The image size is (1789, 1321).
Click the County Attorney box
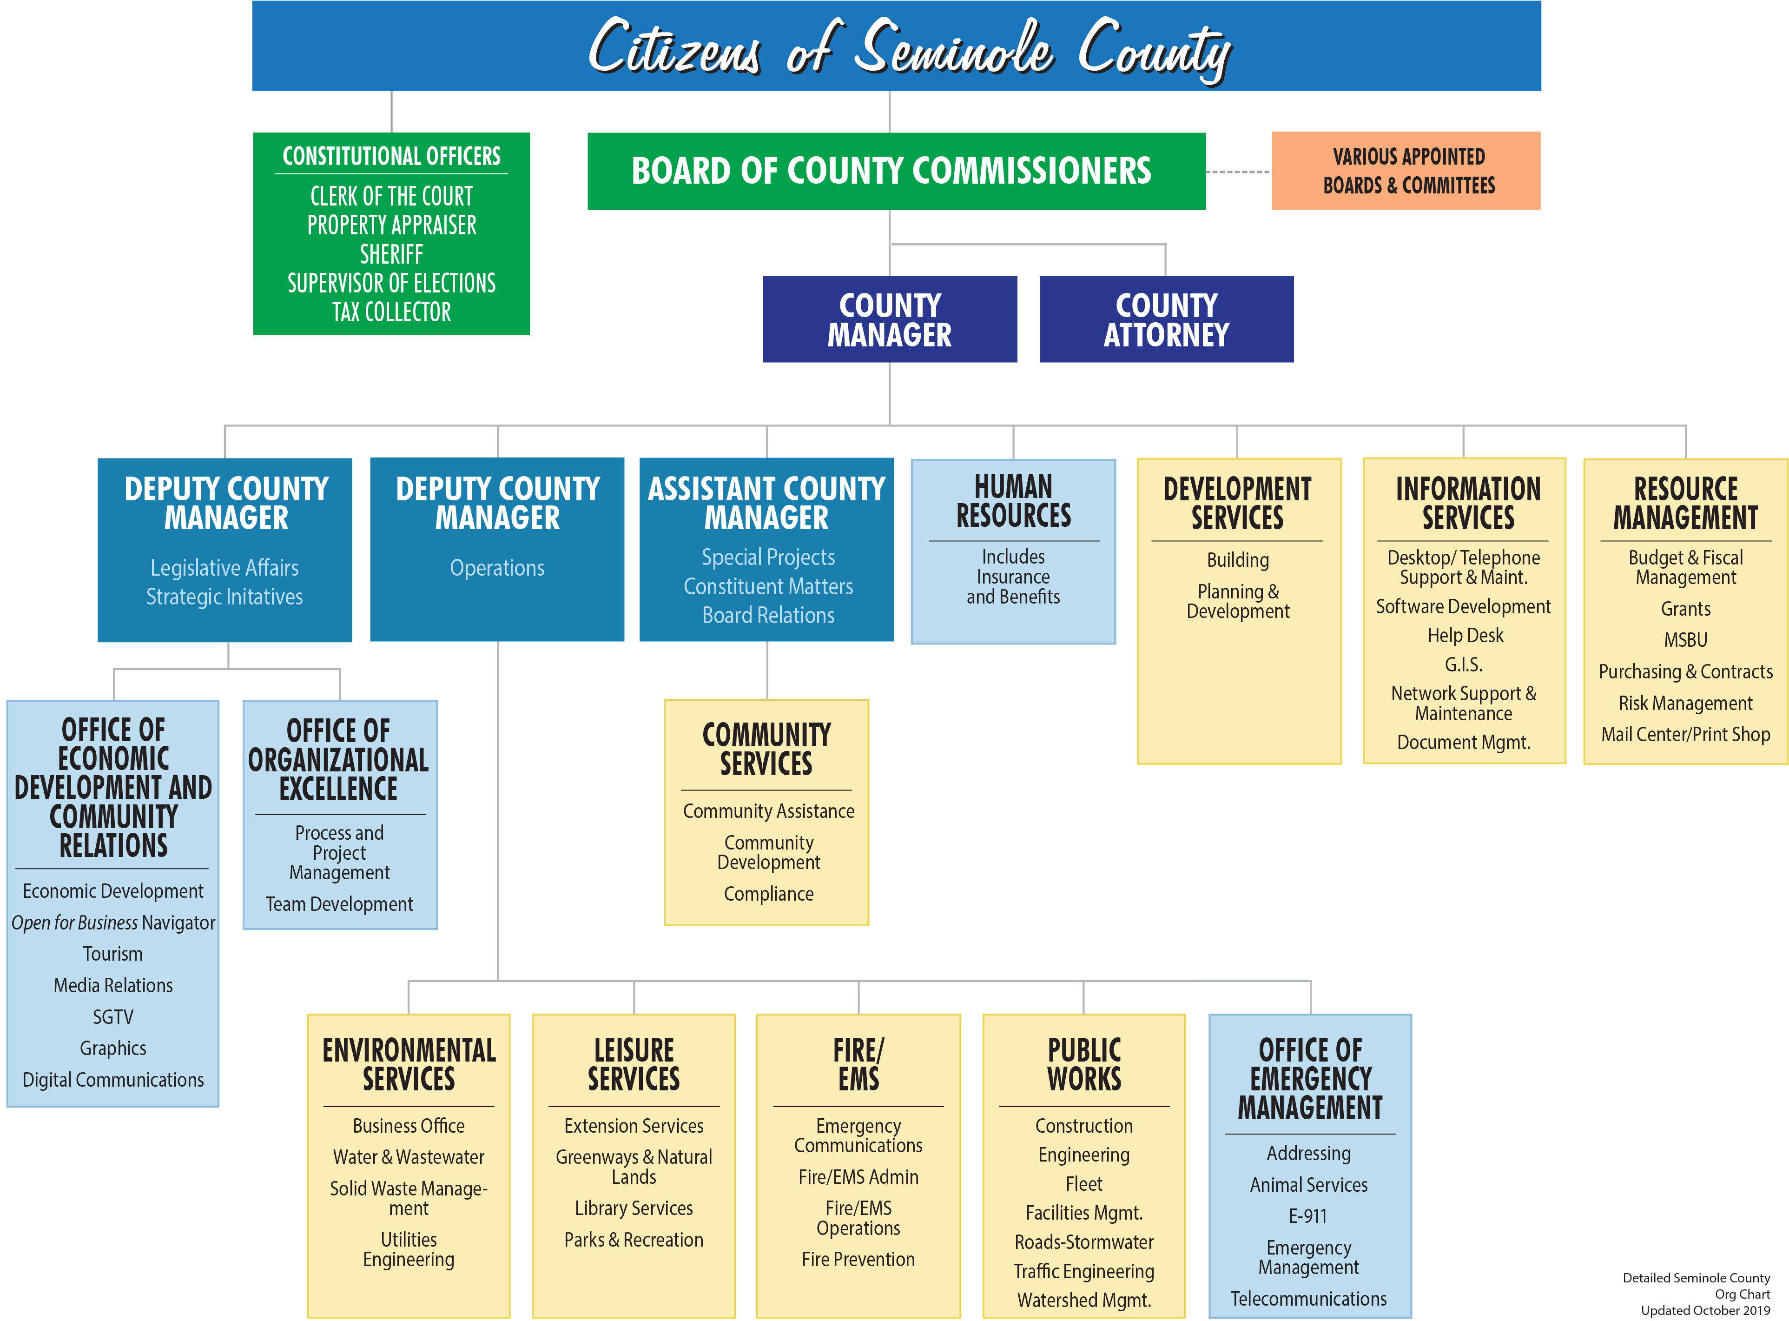tap(1166, 319)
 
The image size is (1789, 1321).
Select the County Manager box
tap(890, 319)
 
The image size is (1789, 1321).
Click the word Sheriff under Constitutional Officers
tap(392, 254)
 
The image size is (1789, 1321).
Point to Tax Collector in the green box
tap(392, 312)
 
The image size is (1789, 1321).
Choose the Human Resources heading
tap(1014, 501)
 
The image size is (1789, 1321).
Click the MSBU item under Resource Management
tap(1686, 640)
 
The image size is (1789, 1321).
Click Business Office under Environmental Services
tap(409, 1126)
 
